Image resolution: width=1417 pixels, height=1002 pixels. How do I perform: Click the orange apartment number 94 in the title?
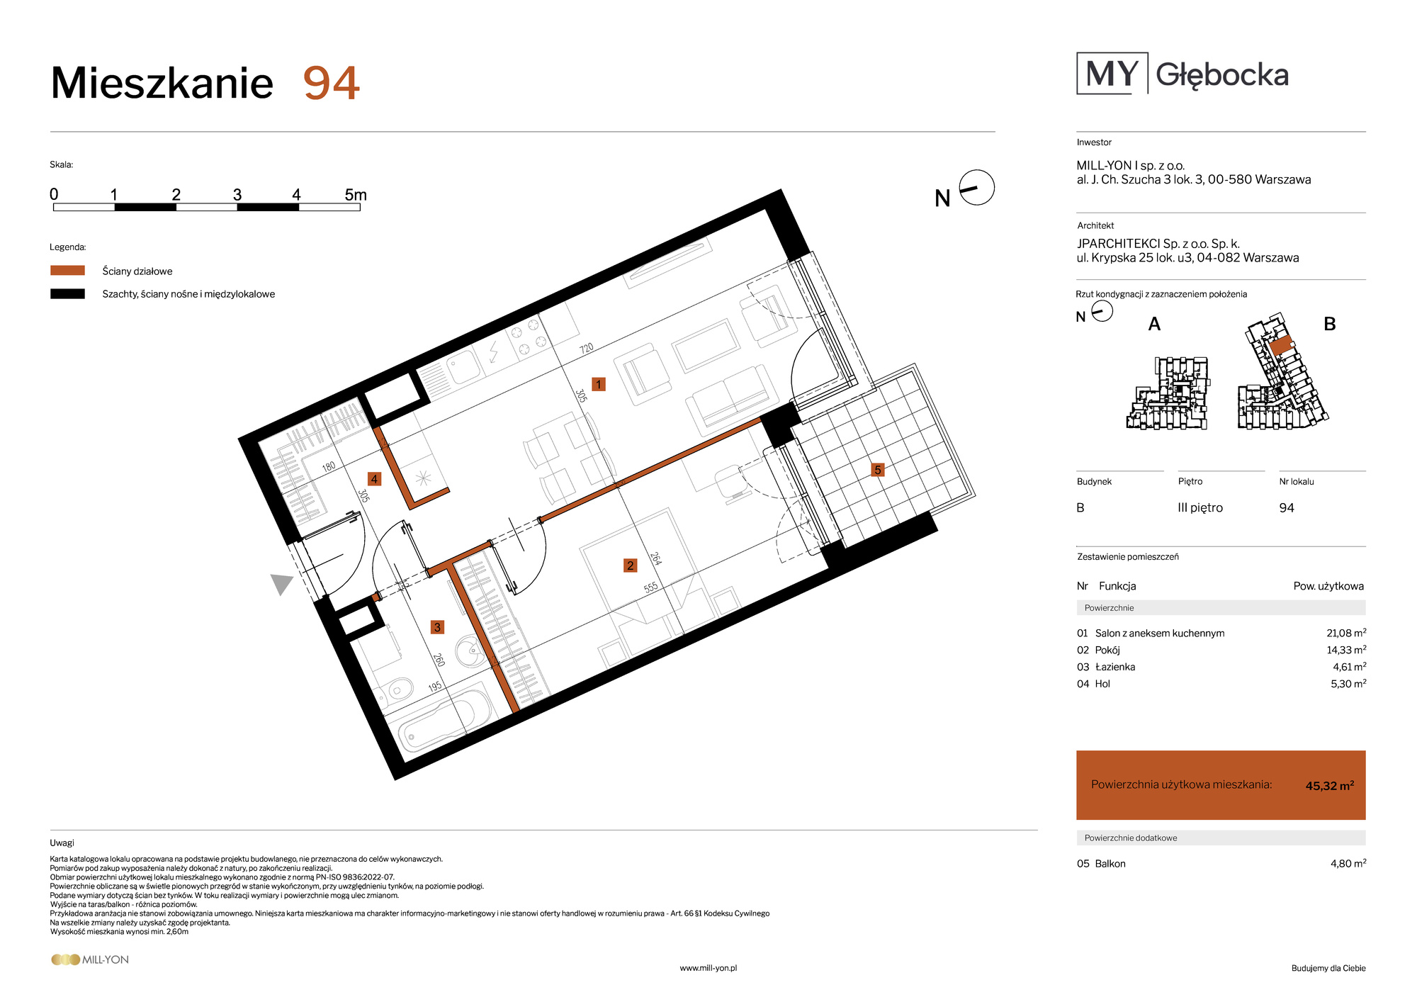[332, 83]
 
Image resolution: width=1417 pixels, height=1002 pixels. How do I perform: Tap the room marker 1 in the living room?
[599, 384]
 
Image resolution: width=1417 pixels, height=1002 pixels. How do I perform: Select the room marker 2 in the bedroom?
[631, 565]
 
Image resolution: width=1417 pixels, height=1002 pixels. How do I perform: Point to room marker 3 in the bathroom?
[437, 627]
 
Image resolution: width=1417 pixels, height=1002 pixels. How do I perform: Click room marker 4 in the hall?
[374, 479]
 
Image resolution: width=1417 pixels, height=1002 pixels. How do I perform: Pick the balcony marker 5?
[878, 470]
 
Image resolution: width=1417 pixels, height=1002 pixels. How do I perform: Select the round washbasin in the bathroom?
[469, 651]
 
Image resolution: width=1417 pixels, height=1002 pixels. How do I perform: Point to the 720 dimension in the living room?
[587, 349]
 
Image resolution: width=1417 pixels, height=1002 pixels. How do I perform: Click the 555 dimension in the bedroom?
[651, 587]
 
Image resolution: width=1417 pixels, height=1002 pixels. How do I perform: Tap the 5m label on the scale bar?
[356, 195]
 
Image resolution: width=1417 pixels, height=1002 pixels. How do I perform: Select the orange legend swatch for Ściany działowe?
[67, 270]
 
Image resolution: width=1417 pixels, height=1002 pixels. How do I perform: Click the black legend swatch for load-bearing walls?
[67, 293]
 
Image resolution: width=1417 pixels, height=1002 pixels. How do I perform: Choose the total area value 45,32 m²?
[1330, 785]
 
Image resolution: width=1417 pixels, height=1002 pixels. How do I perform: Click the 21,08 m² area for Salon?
[1346, 633]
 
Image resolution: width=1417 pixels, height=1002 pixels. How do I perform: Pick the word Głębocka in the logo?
[1222, 75]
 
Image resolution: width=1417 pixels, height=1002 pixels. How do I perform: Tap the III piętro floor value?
[1200, 508]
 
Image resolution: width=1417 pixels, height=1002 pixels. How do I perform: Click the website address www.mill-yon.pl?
[708, 968]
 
